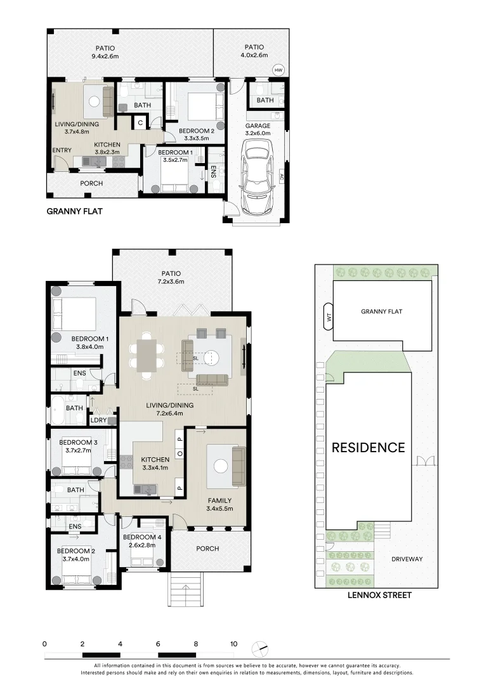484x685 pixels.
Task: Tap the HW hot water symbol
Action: point(278,70)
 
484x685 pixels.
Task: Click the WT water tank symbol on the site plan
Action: point(328,318)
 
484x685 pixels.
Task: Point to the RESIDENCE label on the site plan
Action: point(368,447)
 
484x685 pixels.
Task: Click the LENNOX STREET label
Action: point(379,595)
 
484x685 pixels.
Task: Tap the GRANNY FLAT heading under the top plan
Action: point(74,212)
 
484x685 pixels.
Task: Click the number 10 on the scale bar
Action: point(233,644)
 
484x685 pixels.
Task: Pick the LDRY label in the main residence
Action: point(98,420)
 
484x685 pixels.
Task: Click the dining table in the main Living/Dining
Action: point(147,356)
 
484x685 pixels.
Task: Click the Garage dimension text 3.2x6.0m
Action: point(258,134)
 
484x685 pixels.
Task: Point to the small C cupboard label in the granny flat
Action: point(140,122)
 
